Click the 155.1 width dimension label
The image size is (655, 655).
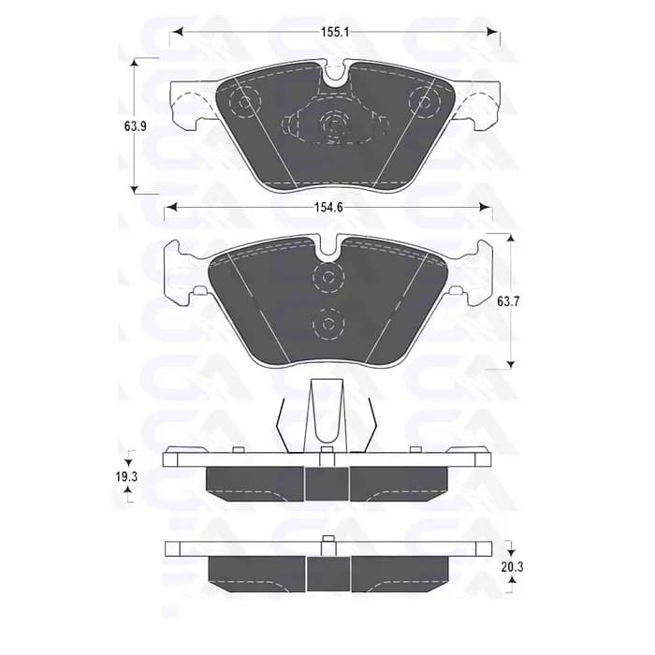tap(335, 32)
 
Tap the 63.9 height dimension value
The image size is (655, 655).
tap(136, 126)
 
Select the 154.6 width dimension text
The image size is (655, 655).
tap(328, 207)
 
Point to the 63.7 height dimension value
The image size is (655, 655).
tap(508, 301)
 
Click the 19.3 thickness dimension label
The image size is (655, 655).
tap(127, 476)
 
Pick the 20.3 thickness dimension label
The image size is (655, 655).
tap(512, 567)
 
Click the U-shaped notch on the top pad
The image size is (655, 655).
tap(334, 76)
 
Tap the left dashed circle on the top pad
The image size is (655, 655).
tap(245, 101)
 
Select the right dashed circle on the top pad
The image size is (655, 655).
tap(425, 101)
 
